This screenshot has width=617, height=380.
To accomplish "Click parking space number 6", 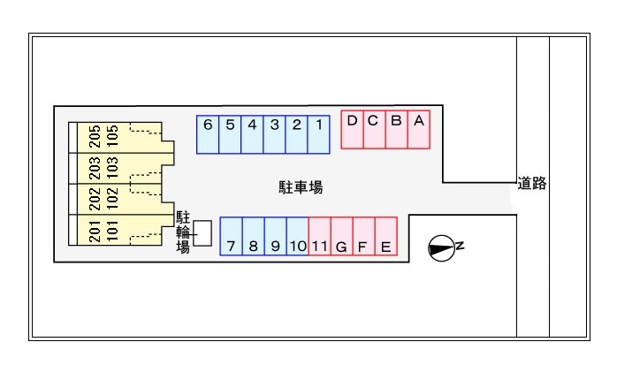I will click(x=208, y=133).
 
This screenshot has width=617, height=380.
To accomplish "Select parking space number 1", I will click(x=318, y=133).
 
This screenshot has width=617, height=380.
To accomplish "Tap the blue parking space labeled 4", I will click(x=252, y=133).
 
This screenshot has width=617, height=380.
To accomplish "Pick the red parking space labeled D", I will click(x=352, y=131).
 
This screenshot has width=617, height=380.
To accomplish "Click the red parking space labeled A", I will click(x=418, y=131).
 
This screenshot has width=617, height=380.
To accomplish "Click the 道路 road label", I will click(x=532, y=184).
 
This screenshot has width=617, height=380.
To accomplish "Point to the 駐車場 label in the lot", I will click(x=301, y=187).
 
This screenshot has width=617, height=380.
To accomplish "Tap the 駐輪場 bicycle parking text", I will click(x=183, y=232).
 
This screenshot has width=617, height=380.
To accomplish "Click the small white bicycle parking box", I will click(x=202, y=233).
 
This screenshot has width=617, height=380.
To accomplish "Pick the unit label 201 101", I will click(x=103, y=229).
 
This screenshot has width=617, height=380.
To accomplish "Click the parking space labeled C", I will click(x=374, y=131).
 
